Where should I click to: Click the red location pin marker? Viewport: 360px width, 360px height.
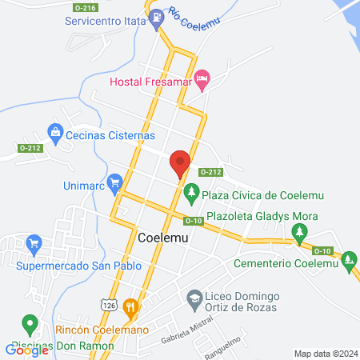(x=180, y=163)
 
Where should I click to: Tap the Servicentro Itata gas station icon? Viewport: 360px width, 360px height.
(x=158, y=14)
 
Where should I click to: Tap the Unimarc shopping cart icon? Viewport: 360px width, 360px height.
(x=114, y=183)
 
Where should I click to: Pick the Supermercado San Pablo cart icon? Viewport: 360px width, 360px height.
(x=34, y=242)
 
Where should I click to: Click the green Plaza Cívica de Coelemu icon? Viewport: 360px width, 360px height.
(x=190, y=193)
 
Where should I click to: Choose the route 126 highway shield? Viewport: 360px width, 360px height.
(x=109, y=303)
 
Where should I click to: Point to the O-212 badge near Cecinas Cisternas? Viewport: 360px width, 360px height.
(x=30, y=148)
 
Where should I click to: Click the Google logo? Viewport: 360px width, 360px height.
(x=27, y=349)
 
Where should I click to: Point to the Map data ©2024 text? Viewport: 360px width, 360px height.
(x=325, y=353)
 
